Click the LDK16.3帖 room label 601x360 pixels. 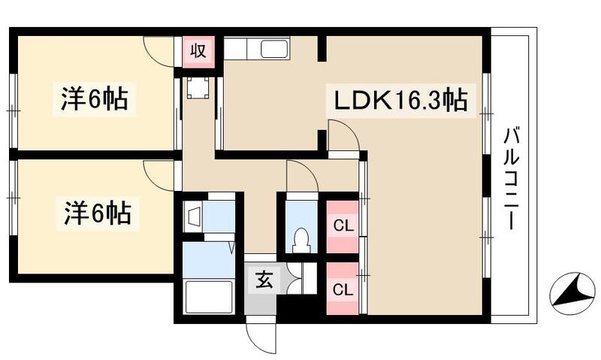click(x=397, y=100)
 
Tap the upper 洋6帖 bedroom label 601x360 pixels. click(x=95, y=99)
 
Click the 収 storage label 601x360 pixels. click(x=198, y=51)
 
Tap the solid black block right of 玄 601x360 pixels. click(x=297, y=308)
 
